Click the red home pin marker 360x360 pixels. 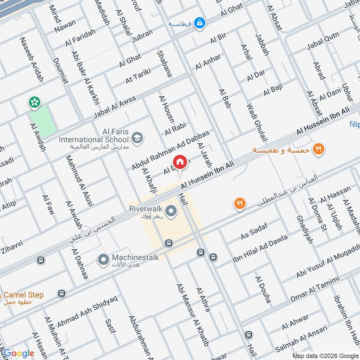180,162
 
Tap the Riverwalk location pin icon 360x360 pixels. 171,210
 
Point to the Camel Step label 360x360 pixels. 24,295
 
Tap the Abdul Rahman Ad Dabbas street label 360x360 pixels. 171,151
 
